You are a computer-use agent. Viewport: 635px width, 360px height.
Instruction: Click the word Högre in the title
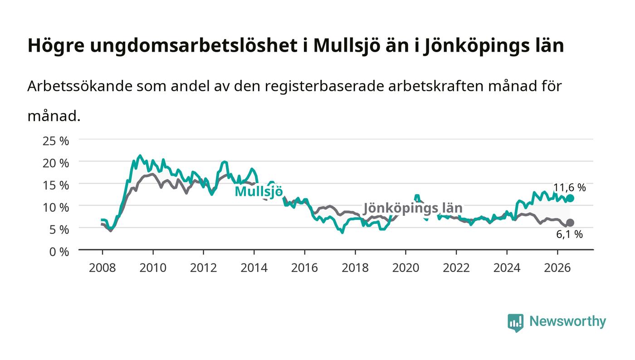pyautogui.click(x=56, y=46)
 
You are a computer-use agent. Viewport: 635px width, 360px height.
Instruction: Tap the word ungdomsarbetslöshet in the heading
pyautogui.click(x=194, y=46)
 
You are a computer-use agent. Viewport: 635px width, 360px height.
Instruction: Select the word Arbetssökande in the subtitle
pyautogui.click(x=80, y=86)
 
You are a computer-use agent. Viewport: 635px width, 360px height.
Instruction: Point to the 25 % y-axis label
pyautogui.click(x=56, y=141)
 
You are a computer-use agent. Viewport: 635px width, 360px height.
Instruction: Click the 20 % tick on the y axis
pyautogui.click(x=56, y=163)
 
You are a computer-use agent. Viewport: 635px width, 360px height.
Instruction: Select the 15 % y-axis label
pyautogui.click(x=56, y=185)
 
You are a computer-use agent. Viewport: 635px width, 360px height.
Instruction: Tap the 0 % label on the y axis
pyautogui.click(x=59, y=252)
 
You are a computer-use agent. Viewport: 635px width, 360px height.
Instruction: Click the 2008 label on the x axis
pyautogui.click(x=103, y=268)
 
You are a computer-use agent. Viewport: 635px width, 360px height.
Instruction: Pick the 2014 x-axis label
pyautogui.click(x=254, y=268)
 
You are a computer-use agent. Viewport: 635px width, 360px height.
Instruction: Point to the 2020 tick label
pyautogui.click(x=405, y=268)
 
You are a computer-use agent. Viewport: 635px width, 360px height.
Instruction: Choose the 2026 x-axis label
pyautogui.click(x=557, y=268)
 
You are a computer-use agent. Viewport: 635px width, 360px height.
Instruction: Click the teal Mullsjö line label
pyautogui.click(x=259, y=192)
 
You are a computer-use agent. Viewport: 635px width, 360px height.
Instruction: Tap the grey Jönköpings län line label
pyautogui.click(x=413, y=209)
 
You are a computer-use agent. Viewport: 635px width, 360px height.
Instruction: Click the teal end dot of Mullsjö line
pyautogui.click(x=570, y=198)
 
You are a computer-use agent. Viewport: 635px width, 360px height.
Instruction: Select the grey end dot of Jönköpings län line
pyautogui.click(x=570, y=223)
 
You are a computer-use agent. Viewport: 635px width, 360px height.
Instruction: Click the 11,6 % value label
pyautogui.click(x=570, y=187)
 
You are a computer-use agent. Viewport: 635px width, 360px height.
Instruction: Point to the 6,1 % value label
pyautogui.click(x=570, y=234)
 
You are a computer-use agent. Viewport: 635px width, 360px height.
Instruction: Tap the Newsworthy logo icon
pyautogui.click(x=516, y=322)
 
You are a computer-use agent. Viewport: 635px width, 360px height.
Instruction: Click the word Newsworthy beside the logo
pyautogui.click(x=567, y=321)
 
